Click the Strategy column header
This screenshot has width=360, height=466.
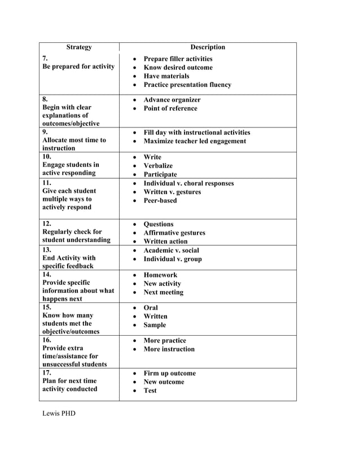pos(79,47)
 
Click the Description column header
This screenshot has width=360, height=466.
pos(208,47)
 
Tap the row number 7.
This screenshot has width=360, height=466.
pos(45,59)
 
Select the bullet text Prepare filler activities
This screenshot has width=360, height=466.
pos(178,59)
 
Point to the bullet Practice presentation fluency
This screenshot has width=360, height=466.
pos(187,85)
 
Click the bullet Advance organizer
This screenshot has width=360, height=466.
pos(172,100)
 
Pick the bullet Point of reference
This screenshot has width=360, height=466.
pos(170,108)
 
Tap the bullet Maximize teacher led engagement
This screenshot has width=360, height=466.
pos(195,141)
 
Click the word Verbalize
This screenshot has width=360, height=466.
pos(158,166)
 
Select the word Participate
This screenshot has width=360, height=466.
pos(160,175)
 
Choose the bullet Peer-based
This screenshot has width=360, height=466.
pos(160,200)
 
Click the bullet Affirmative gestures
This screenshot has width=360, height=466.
pos(174,233)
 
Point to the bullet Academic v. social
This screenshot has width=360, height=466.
pos(172,250)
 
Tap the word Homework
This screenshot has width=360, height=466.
pos(160,275)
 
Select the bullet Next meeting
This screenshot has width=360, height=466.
pos(164,292)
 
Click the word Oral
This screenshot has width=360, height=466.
pos(151,308)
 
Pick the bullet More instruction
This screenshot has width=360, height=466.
pos(169,349)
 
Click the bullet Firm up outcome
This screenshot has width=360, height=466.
pos(170,373)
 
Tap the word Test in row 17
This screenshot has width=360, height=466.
pos(150,390)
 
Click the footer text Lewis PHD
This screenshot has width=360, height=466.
pos(59,414)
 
